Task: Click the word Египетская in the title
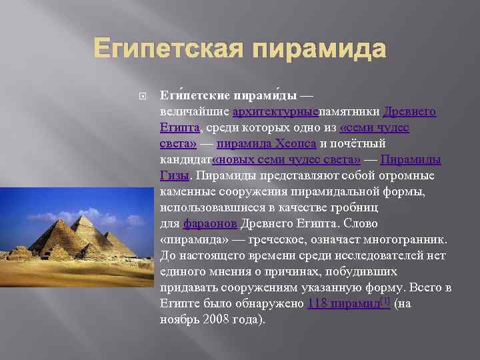click(x=172, y=49)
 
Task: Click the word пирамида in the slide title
click(x=321, y=49)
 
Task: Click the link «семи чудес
click(x=374, y=128)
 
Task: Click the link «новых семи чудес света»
click(x=287, y=160)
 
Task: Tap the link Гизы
click(x=175, y=176)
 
